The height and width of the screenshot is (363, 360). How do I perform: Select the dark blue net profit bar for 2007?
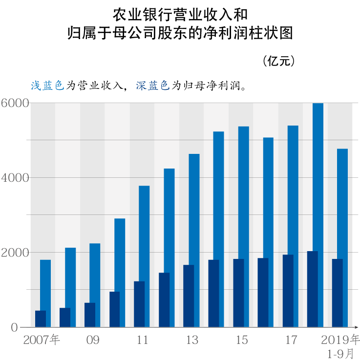click(40, 319)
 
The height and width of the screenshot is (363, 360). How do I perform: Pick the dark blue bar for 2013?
click(189, 296)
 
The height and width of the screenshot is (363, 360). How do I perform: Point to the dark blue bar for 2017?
click(288, 291)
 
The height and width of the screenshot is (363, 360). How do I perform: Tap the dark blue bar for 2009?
click(90, 315)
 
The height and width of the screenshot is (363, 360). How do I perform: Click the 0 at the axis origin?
click(14, 327)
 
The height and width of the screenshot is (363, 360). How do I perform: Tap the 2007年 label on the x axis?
click(41, 340)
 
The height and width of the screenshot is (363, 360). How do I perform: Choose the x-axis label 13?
click(192, 340)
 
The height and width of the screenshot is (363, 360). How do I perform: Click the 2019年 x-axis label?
click(341, 340)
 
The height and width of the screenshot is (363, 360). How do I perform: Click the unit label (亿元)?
click(279, 61)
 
